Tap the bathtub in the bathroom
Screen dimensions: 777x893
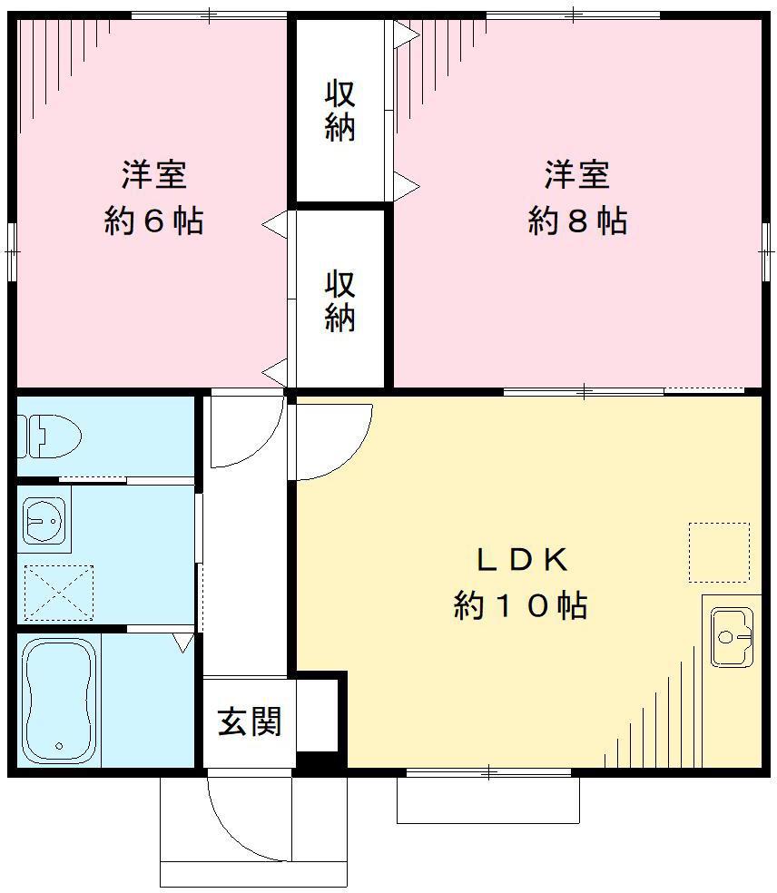point(59,701)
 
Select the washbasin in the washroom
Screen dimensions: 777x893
point(44,519)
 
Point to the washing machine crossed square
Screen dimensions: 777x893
point(59,593)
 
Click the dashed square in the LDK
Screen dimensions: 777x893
point(719,552)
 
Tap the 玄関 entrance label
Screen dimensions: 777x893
point(250,721)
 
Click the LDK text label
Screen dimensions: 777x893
point(522,561)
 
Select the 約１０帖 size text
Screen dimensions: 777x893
point(521,605)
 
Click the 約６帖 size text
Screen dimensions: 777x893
point(153,221)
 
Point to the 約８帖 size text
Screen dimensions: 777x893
point(577,221)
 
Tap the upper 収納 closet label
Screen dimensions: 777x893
point(340,111)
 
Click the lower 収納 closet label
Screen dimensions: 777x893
point(340,301)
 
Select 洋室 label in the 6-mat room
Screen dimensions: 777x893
point(153,175)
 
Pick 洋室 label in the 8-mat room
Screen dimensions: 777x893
point(577,175)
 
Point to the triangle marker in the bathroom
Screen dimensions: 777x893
point(183,643)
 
